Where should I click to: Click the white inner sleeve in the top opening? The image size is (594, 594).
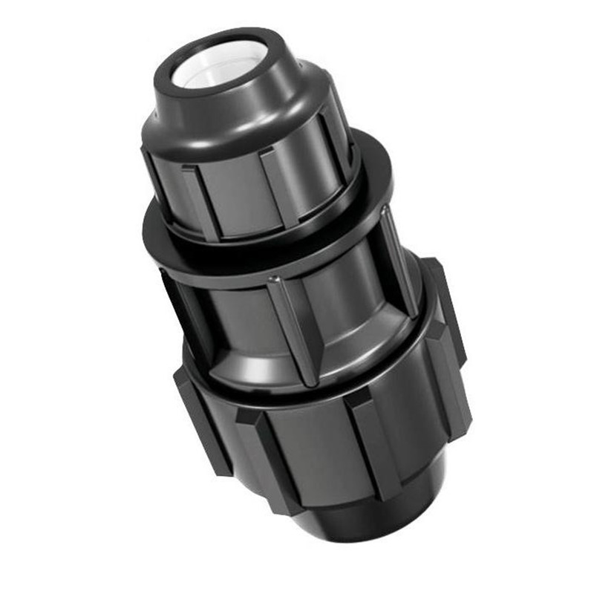(x=215, y=63)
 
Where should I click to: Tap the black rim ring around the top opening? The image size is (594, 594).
(x=256, y=46)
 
